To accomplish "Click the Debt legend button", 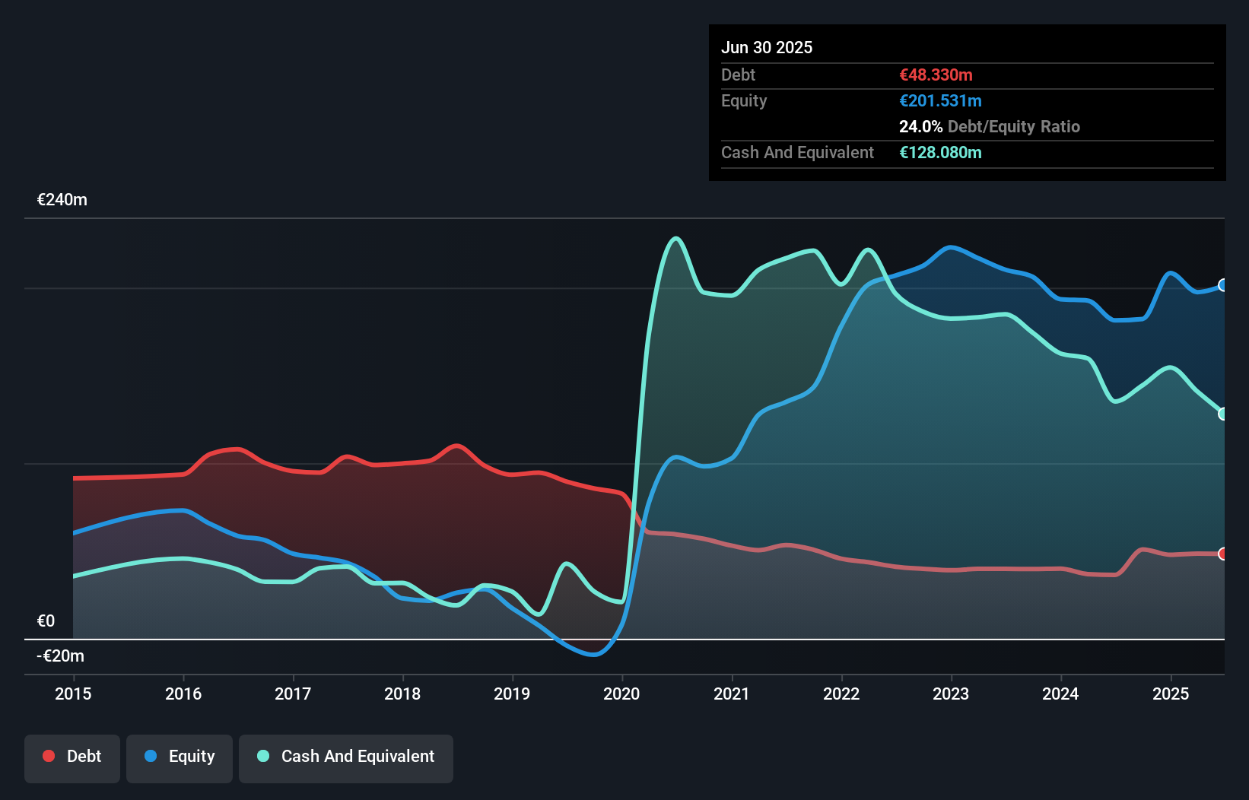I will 72,757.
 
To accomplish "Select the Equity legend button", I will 180,757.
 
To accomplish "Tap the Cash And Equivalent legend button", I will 346,757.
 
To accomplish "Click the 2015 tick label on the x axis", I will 73,694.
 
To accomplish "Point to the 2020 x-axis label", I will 621,694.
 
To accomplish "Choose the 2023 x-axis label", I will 951,694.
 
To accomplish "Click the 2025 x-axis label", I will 1170,694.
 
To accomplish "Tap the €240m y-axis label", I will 62,200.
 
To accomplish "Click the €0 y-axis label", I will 46,621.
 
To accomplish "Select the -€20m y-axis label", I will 61,656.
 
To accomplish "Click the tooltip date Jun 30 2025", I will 767,47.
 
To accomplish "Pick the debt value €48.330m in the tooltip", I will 936,75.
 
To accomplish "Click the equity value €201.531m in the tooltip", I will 940,100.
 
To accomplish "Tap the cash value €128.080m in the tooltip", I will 940,152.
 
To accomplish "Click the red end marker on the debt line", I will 1222,554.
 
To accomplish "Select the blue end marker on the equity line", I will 1222,285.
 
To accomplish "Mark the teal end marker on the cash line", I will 1222,414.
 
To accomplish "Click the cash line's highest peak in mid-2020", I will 675,239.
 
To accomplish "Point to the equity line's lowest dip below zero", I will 593,653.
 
